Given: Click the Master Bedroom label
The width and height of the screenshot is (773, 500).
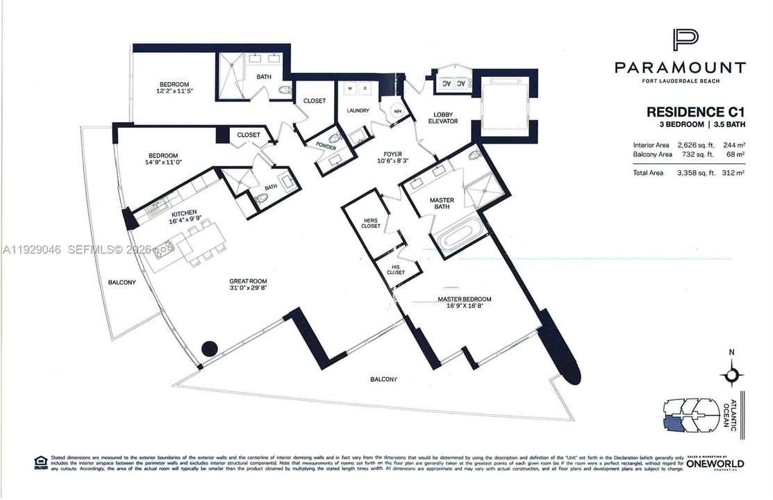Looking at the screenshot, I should coord(464,299).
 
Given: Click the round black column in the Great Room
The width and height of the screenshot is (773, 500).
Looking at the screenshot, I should coord(209,349).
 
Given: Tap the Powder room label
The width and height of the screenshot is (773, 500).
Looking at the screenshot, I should coord(326,148).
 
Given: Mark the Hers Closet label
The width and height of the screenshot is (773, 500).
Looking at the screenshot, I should coord(370,224).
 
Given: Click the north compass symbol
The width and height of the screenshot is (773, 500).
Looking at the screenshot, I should coord(731,376).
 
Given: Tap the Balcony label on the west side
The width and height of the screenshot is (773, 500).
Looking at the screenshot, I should coord(122,283).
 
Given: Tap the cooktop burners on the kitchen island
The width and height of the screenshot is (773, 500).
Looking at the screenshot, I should coord(163,248).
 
